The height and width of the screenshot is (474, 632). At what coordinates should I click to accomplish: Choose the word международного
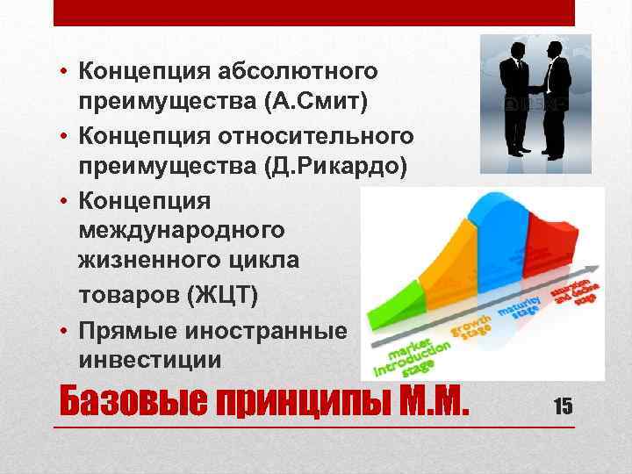tap(181, 231)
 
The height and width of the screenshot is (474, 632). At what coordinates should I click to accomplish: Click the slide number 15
tap(563, 405)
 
